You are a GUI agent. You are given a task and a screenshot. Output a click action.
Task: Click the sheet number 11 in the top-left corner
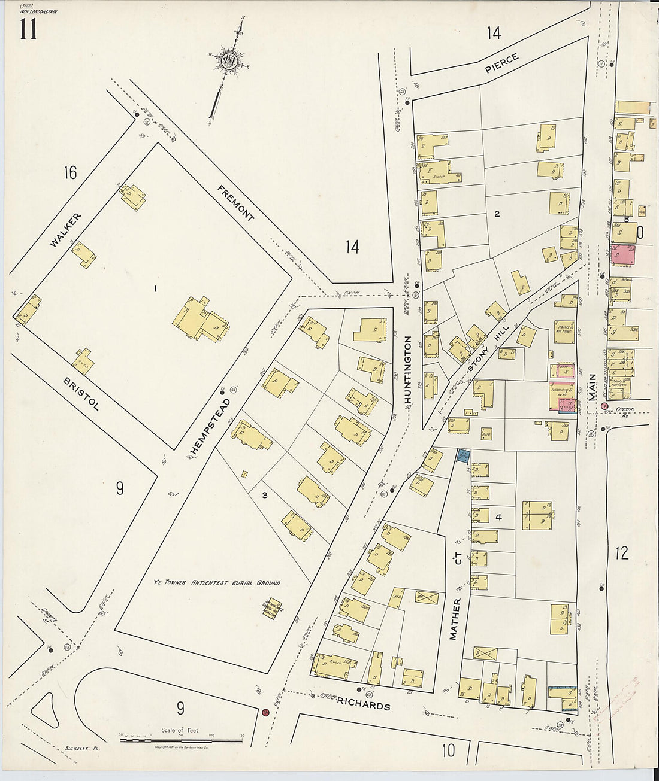(28, 28)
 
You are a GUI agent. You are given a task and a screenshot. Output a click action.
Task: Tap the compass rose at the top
(229, 60)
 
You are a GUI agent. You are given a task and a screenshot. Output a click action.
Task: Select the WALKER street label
(65, 230)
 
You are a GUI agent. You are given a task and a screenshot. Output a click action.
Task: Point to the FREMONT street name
(235, 203)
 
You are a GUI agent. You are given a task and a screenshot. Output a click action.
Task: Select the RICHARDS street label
(363, 706)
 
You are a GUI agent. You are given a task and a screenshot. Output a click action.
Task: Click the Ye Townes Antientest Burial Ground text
(215, 582)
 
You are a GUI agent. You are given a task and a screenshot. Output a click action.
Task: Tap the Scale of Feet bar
(181, 740)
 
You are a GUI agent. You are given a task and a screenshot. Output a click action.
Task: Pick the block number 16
(70, 173)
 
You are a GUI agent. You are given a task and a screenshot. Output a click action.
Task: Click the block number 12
(622, 552)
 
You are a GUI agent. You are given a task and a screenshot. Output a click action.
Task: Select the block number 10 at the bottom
(448, 750)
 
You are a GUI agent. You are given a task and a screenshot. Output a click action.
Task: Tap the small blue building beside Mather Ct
(462, 456)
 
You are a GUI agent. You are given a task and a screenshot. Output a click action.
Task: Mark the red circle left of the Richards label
(264, 712)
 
